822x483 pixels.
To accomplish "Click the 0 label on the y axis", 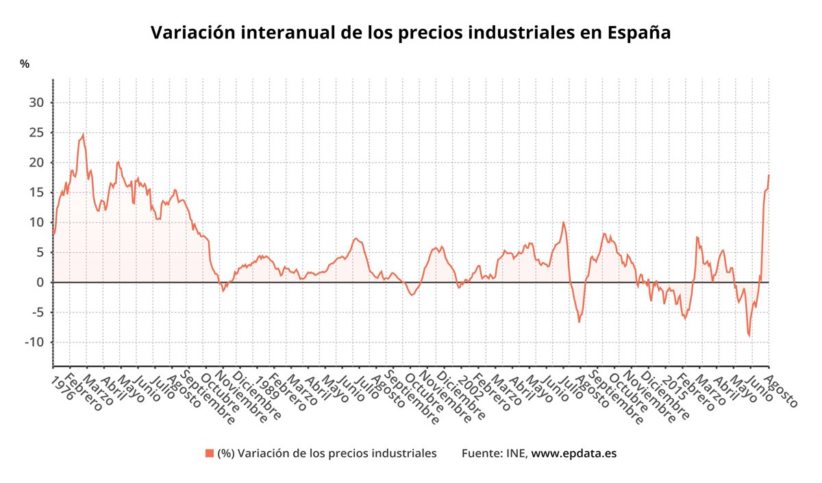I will pos(41,282).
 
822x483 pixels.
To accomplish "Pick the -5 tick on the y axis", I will pos(38,312).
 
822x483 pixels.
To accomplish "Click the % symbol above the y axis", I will pos(25,64).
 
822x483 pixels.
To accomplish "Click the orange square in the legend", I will pos(209,453).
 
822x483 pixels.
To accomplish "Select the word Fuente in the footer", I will pos(482,453).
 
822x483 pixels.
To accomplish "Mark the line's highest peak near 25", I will pos(83,135).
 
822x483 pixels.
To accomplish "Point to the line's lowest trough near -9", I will pos(749,336).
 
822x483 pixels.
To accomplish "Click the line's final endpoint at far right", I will pos(769,175).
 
